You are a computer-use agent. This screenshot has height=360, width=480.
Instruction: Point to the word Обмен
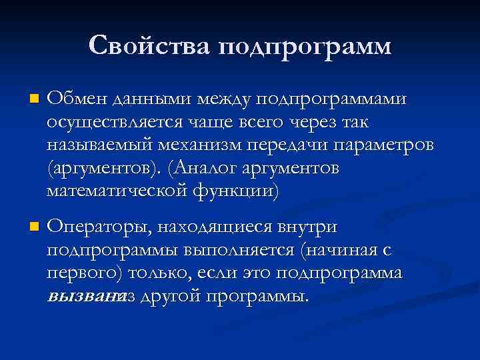(x=77, y=99)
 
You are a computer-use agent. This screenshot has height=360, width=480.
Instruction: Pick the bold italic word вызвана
(x=79, y=297)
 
